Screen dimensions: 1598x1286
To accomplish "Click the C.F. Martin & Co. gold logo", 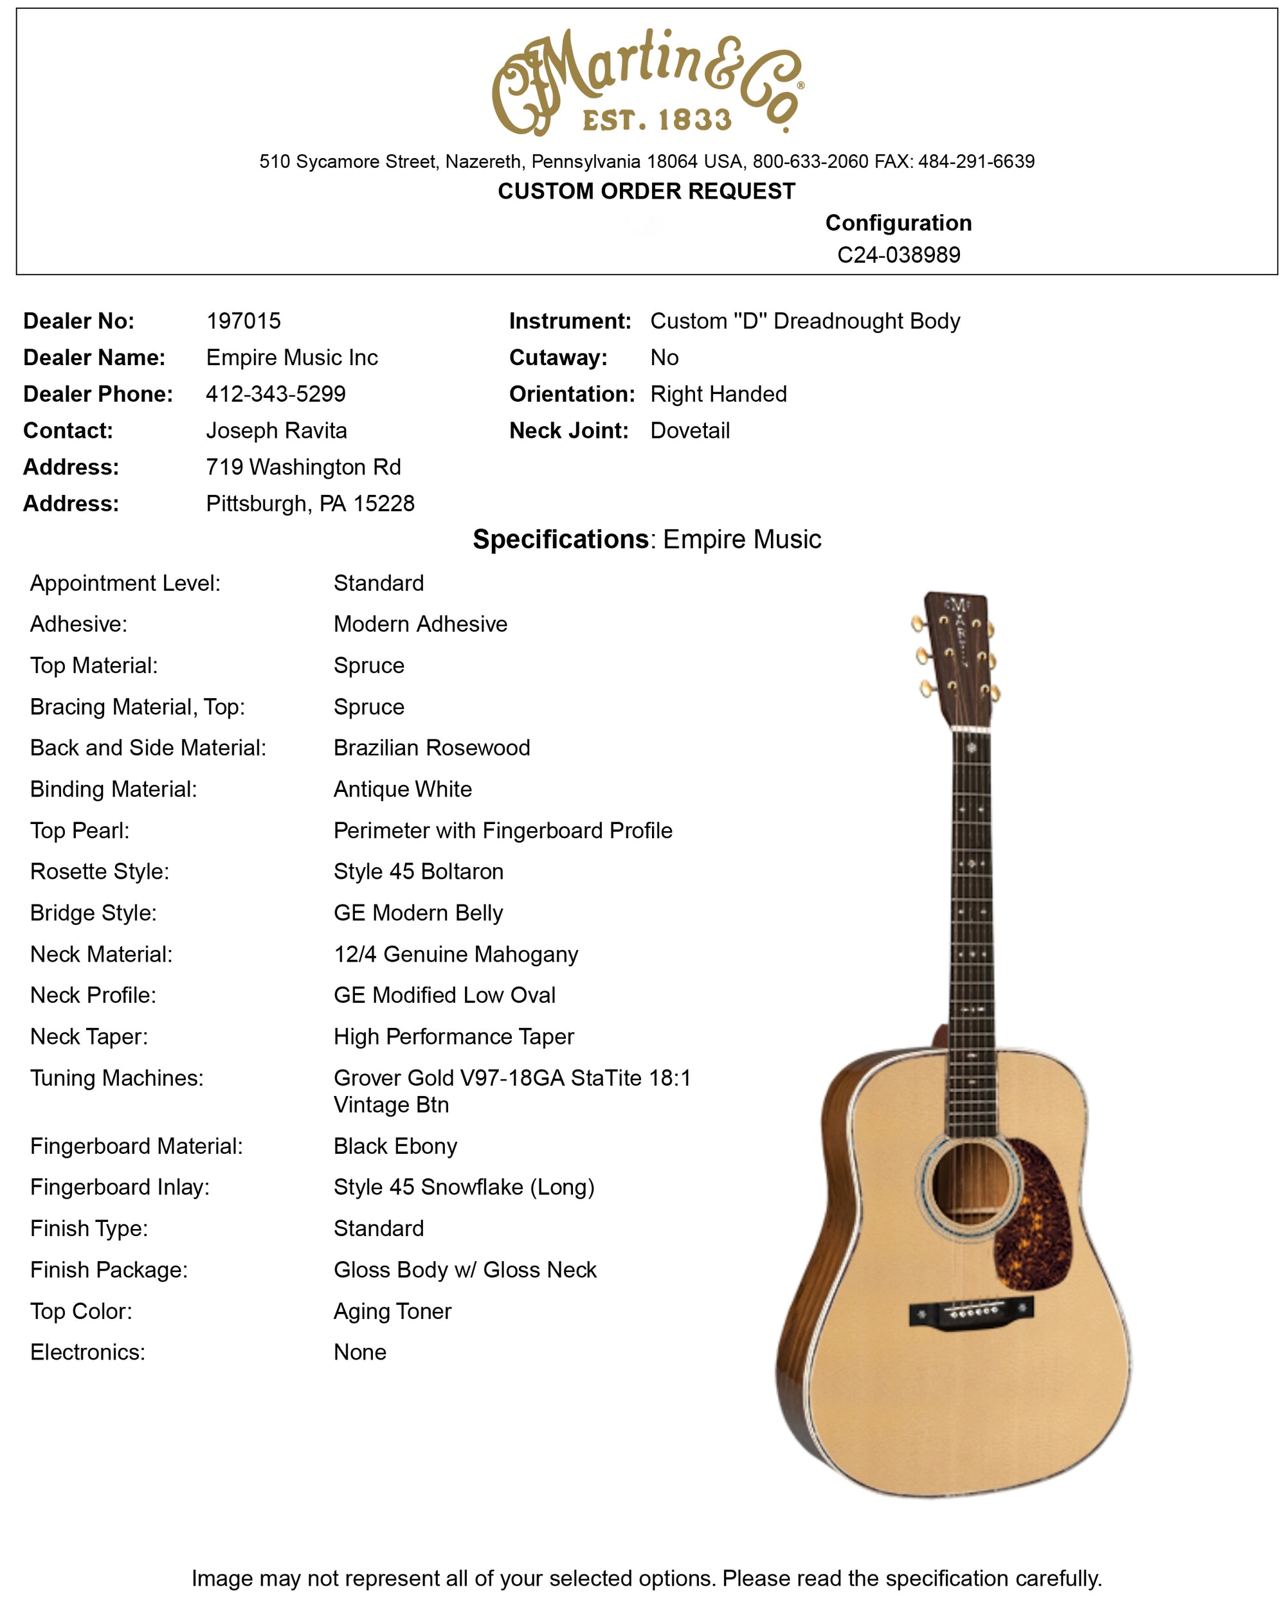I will click(647, 82).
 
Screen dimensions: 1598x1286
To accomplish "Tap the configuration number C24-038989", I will click(898, 255).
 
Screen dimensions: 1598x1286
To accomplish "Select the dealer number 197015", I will click(243, 321).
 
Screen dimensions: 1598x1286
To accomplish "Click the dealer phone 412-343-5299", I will click(276, 393).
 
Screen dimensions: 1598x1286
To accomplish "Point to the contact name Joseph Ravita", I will click(276, 430).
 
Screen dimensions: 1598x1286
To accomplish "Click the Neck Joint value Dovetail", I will click(689, 430).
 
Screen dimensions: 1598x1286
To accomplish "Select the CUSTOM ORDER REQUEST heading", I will click(646, 191).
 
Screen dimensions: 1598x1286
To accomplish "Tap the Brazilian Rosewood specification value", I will click(431, 747).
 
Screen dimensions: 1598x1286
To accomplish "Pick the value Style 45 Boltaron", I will click(418, 871).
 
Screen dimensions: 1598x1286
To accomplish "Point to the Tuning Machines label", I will click(116, 1078).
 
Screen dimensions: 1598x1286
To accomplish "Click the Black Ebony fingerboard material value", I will click(395, 1146).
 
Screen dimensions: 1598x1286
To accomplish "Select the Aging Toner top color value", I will click(392, 1311).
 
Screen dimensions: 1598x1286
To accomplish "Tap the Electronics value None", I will click(359, 1352).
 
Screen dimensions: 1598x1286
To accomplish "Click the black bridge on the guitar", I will click(971, 1313).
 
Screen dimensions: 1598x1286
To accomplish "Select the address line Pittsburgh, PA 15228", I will click(310, 503).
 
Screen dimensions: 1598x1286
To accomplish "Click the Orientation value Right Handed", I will click(718, 393).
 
